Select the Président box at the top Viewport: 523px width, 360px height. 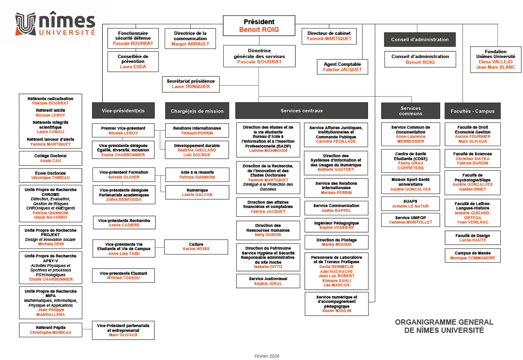[x=259, y=26]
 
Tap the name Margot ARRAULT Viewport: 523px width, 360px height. [x=190, y=44]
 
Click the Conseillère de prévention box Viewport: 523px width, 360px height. [x=133, y=61]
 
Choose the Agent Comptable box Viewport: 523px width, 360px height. [x=342, y=67]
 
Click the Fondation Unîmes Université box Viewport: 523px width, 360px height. [x=495, y=59]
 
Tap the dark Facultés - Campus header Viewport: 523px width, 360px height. [x=472, y=111]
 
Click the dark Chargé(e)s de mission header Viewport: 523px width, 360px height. [x=197, y=111]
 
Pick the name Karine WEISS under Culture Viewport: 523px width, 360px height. [x=196, y=249]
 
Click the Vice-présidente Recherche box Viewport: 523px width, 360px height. [x=124, y=223]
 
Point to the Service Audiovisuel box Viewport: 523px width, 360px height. [x=267, y=281]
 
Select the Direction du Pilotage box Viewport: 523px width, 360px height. [x=336, y=242]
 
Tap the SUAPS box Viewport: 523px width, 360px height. [x=410, y=203]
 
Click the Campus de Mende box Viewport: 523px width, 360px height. [x=472, y=255]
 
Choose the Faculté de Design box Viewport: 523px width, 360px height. [x=472, y=238]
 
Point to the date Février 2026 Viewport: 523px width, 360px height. [x=267, y=356]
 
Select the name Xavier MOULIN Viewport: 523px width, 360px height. [x=336, y=311]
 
